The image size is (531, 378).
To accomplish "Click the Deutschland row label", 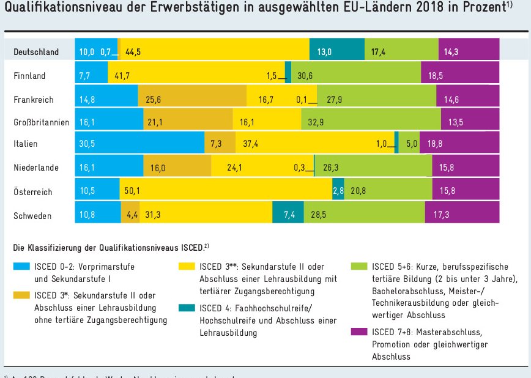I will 36,52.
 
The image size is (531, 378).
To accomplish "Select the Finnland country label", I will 29,75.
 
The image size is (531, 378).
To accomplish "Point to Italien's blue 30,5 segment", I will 139,144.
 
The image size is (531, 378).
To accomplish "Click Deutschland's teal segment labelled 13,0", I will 337,52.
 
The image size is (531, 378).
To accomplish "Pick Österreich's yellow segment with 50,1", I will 225,191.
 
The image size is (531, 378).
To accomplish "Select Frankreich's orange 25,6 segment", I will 192,98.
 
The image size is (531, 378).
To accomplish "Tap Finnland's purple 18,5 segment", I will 460,75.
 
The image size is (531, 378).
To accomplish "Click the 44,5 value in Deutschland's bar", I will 134,52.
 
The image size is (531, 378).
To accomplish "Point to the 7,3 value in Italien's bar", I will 216,144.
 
